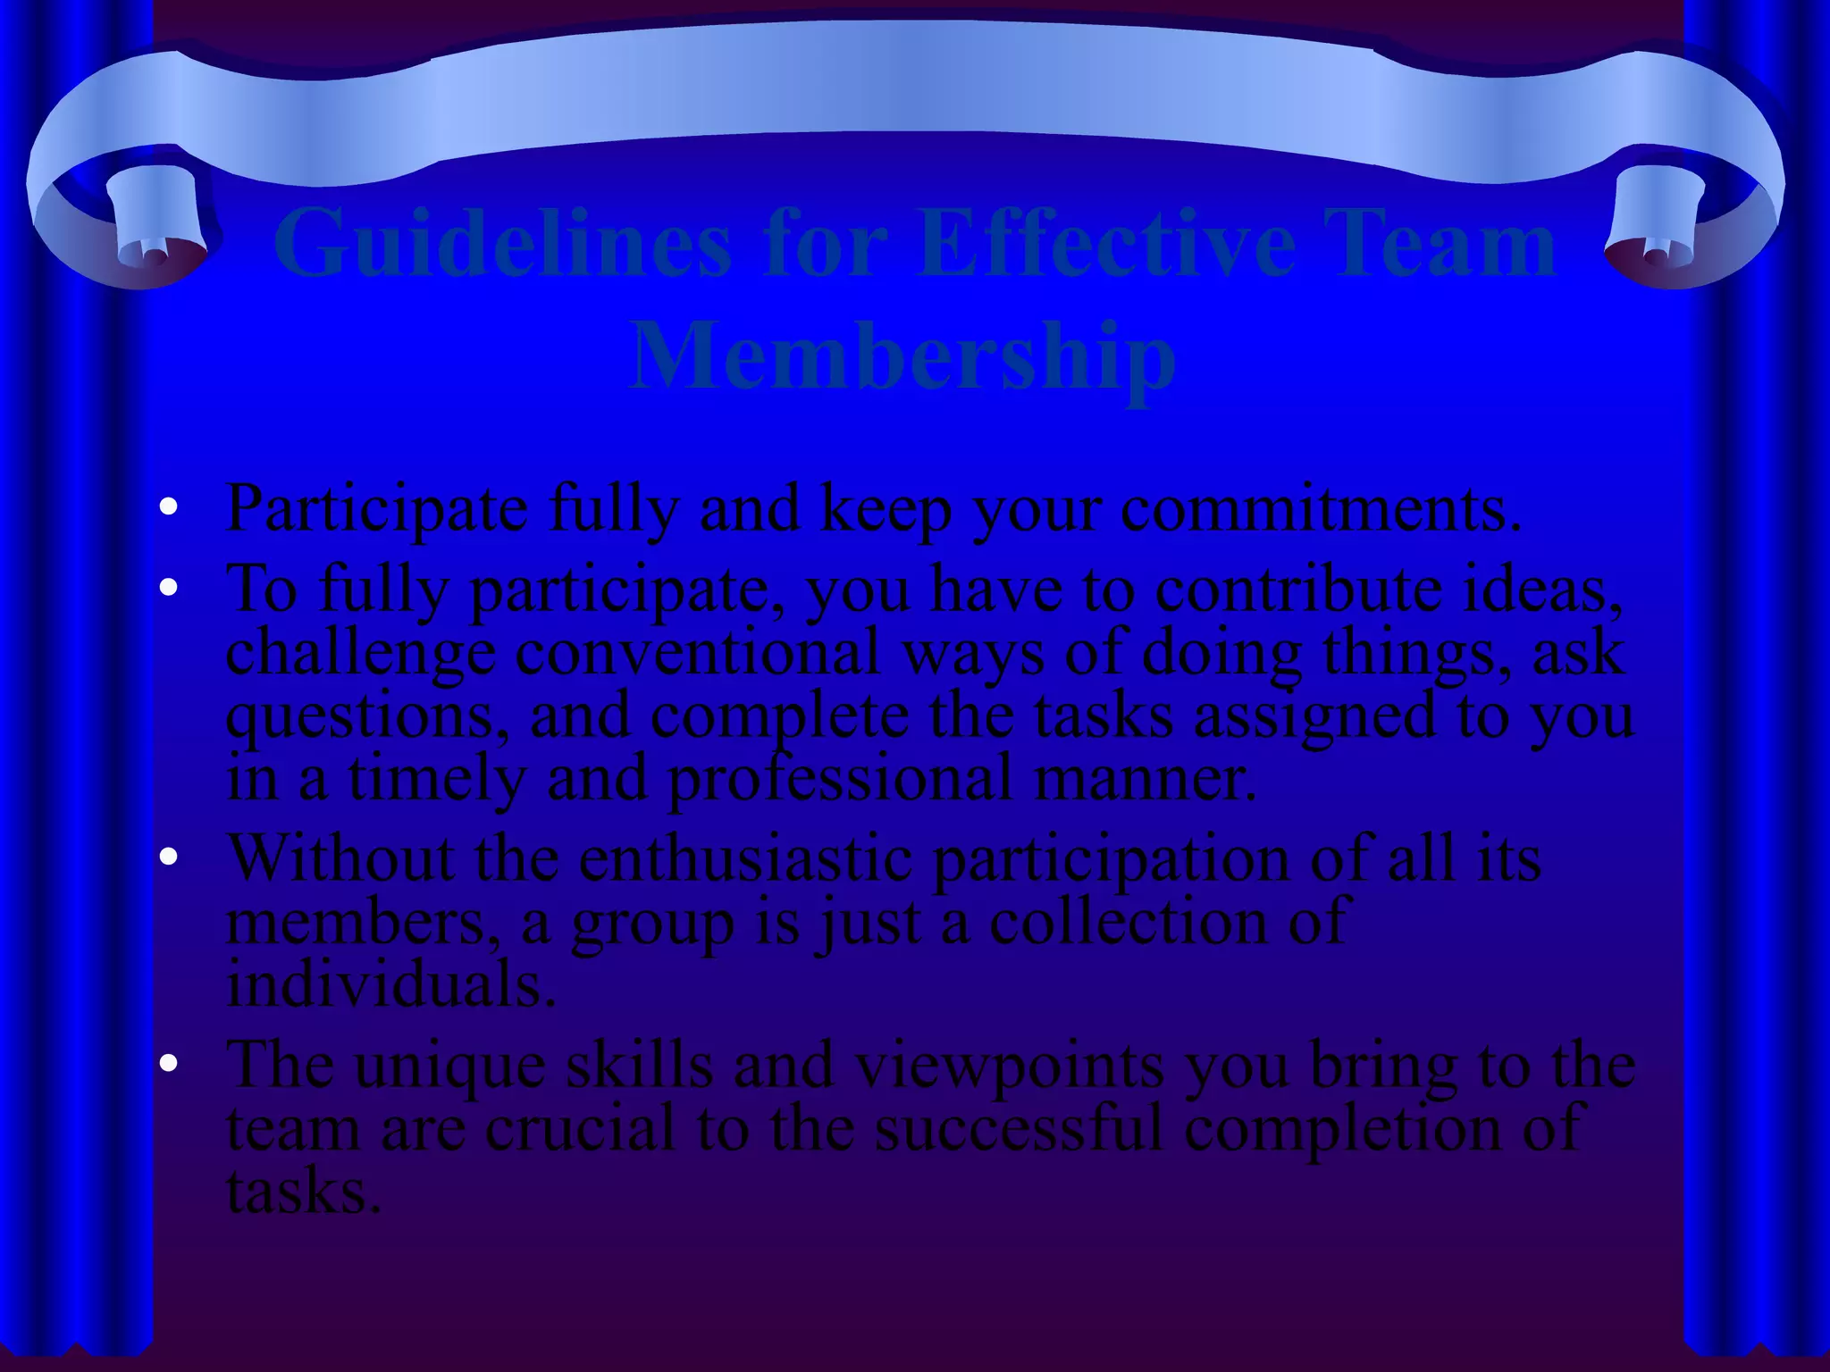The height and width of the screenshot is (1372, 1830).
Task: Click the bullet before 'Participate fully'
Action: point(168,508)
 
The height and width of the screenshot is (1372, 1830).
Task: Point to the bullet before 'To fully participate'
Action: point(168,589)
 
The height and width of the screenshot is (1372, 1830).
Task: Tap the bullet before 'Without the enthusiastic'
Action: point(168,857)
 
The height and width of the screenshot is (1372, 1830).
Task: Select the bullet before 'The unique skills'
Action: point(168,1064)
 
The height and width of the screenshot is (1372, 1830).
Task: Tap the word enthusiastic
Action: point(745,859)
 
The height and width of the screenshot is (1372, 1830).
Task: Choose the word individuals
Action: point(390,985)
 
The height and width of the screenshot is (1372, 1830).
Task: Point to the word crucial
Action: point(580,1128)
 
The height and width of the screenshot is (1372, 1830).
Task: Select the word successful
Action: point(1019,1128)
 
